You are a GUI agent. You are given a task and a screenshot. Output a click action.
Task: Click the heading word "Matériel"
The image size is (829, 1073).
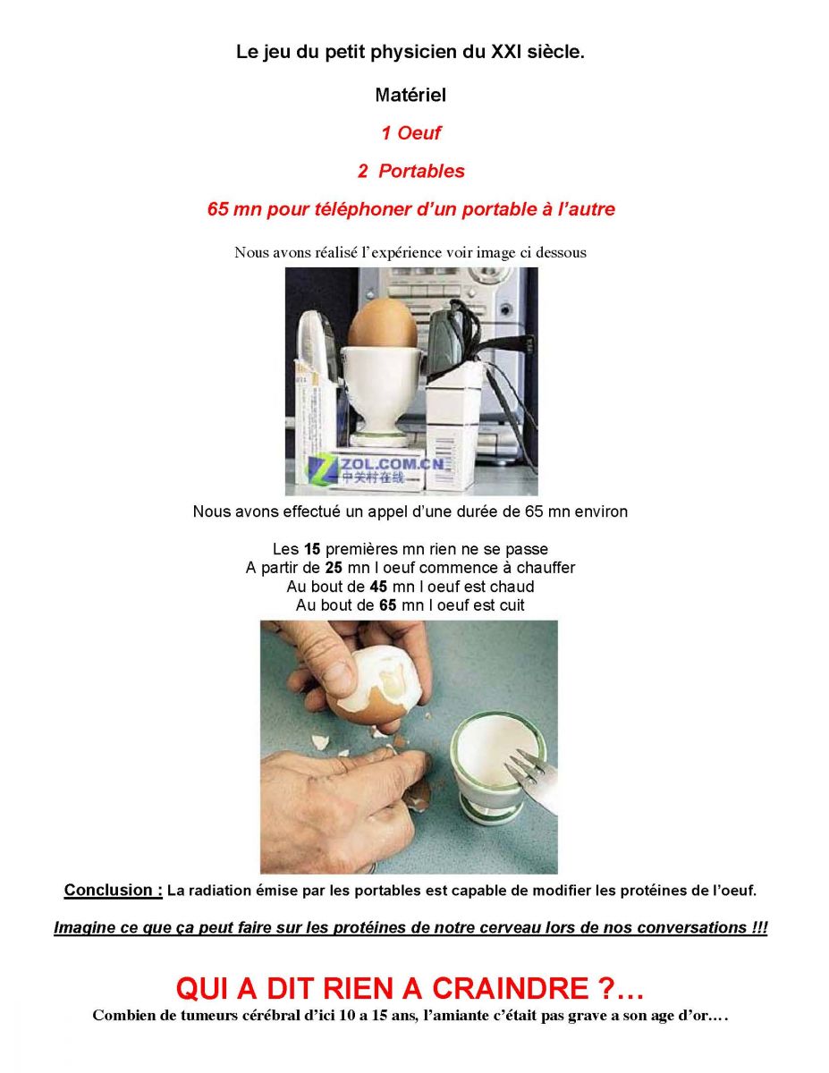point(410,95)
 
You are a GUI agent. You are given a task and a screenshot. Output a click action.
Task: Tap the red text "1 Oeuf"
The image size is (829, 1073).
point(410,133)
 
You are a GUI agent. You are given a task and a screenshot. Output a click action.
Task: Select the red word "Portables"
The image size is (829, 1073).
point(421,171)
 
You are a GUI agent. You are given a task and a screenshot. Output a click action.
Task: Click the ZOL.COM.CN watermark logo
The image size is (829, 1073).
point(376,469)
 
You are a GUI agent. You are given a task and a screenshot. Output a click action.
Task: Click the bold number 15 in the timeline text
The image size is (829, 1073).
point(312,549)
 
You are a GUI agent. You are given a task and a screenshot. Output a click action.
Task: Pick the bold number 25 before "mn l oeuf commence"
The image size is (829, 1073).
point(334,568)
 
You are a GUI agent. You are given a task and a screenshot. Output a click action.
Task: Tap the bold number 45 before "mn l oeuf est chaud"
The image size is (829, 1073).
point(378,587)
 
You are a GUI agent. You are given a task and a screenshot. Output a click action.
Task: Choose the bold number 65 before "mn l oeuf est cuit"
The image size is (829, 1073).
point(388,604)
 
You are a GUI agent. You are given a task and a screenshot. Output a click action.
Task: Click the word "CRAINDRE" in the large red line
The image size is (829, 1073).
point(510,989)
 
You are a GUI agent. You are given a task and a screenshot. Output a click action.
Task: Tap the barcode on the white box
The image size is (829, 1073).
point(445,455)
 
